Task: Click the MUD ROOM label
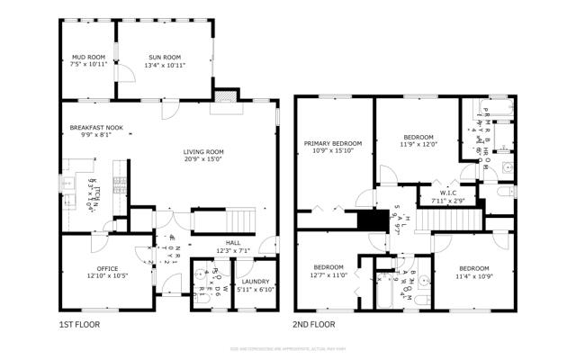coord(88,57)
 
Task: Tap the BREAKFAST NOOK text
coord(95,129)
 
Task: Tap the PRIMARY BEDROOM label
coord(333,143)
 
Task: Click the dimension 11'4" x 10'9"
coord(473,274)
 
